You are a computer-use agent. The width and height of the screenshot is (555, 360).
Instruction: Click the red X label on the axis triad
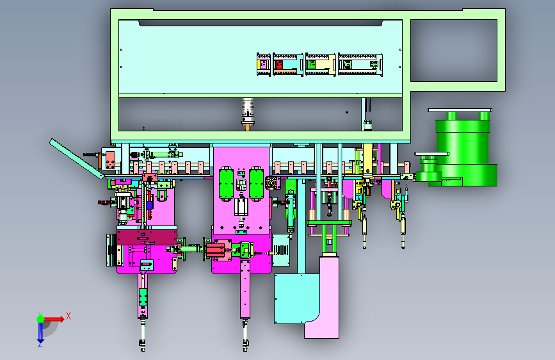tap(68, 316)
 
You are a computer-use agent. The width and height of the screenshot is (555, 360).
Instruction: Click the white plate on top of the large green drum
tap(460, 110)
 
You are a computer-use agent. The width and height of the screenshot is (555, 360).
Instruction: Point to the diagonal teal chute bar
tap(77, 158)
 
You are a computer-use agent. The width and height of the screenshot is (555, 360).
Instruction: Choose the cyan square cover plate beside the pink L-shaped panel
tap(296, 299)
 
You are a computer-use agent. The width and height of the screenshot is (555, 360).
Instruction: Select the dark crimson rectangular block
tap(147, 237)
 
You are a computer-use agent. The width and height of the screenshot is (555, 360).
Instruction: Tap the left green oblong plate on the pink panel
tap(225, 183)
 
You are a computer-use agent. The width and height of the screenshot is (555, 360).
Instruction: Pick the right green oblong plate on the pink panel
tap(256, 183)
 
